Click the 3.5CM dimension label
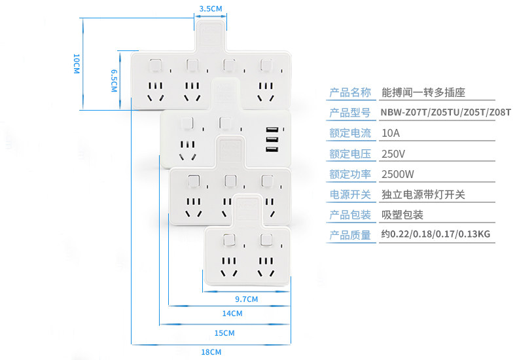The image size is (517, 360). [211, 9]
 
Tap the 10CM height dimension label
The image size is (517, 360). [77, 63]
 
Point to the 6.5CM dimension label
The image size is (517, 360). [114, 81]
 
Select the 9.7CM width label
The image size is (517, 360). [246, 299]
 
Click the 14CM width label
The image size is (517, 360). [232, 313]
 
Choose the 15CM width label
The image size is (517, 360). [224, 333]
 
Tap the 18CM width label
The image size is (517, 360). [211, 351]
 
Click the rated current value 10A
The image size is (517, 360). [391, 133]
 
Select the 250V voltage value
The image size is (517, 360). [393, 154]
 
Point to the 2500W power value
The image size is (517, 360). [398, 174]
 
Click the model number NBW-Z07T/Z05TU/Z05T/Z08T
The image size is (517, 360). [446, 113]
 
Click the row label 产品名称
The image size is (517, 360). [350, 93]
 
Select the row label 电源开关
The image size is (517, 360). [350, 194]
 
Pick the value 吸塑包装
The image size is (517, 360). [402, 215]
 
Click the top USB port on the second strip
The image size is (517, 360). [272, 130]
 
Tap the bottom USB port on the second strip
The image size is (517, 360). [272, 150]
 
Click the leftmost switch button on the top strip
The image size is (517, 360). [155, 65]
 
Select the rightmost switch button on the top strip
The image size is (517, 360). [266, 65]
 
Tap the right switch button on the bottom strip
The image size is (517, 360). [266, 240]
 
